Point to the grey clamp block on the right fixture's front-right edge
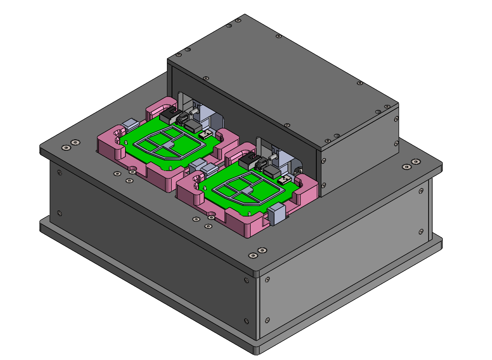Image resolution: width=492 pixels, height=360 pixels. point(277,214)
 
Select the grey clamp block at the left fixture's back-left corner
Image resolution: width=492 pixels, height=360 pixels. point(130,124)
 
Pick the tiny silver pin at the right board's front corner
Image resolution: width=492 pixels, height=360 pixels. point(248,213)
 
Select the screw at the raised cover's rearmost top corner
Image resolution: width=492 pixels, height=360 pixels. point(237,20)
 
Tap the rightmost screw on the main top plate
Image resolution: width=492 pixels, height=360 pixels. point(416,161)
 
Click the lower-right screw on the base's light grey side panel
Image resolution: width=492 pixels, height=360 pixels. point(421,231)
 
